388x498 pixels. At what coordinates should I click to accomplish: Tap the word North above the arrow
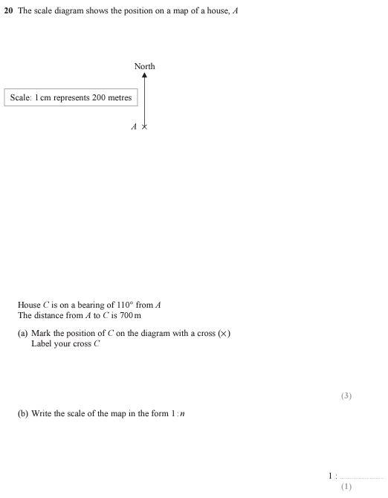coord(144,66)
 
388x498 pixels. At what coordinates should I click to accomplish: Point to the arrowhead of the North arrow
coord(144,76)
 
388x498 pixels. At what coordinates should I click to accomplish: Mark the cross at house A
coord(144,127)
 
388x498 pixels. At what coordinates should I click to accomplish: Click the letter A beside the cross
coord(134,127)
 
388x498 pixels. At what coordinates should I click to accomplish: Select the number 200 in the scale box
coord(100,97)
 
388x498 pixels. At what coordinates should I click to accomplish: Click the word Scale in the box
coord(20,97)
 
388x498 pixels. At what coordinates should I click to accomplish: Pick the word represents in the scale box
coord(71,97)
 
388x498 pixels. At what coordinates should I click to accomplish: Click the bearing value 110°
coord(125,305)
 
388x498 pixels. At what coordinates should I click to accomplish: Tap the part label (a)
coord(23,333)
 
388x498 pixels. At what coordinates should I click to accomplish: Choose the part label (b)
coord(23,413)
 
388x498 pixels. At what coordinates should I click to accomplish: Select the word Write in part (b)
coord(42,413)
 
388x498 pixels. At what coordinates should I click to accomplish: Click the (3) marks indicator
coord(346,395)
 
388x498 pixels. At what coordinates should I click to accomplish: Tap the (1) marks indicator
coord(346,486)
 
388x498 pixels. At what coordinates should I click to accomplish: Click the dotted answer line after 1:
coord(361,477)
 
